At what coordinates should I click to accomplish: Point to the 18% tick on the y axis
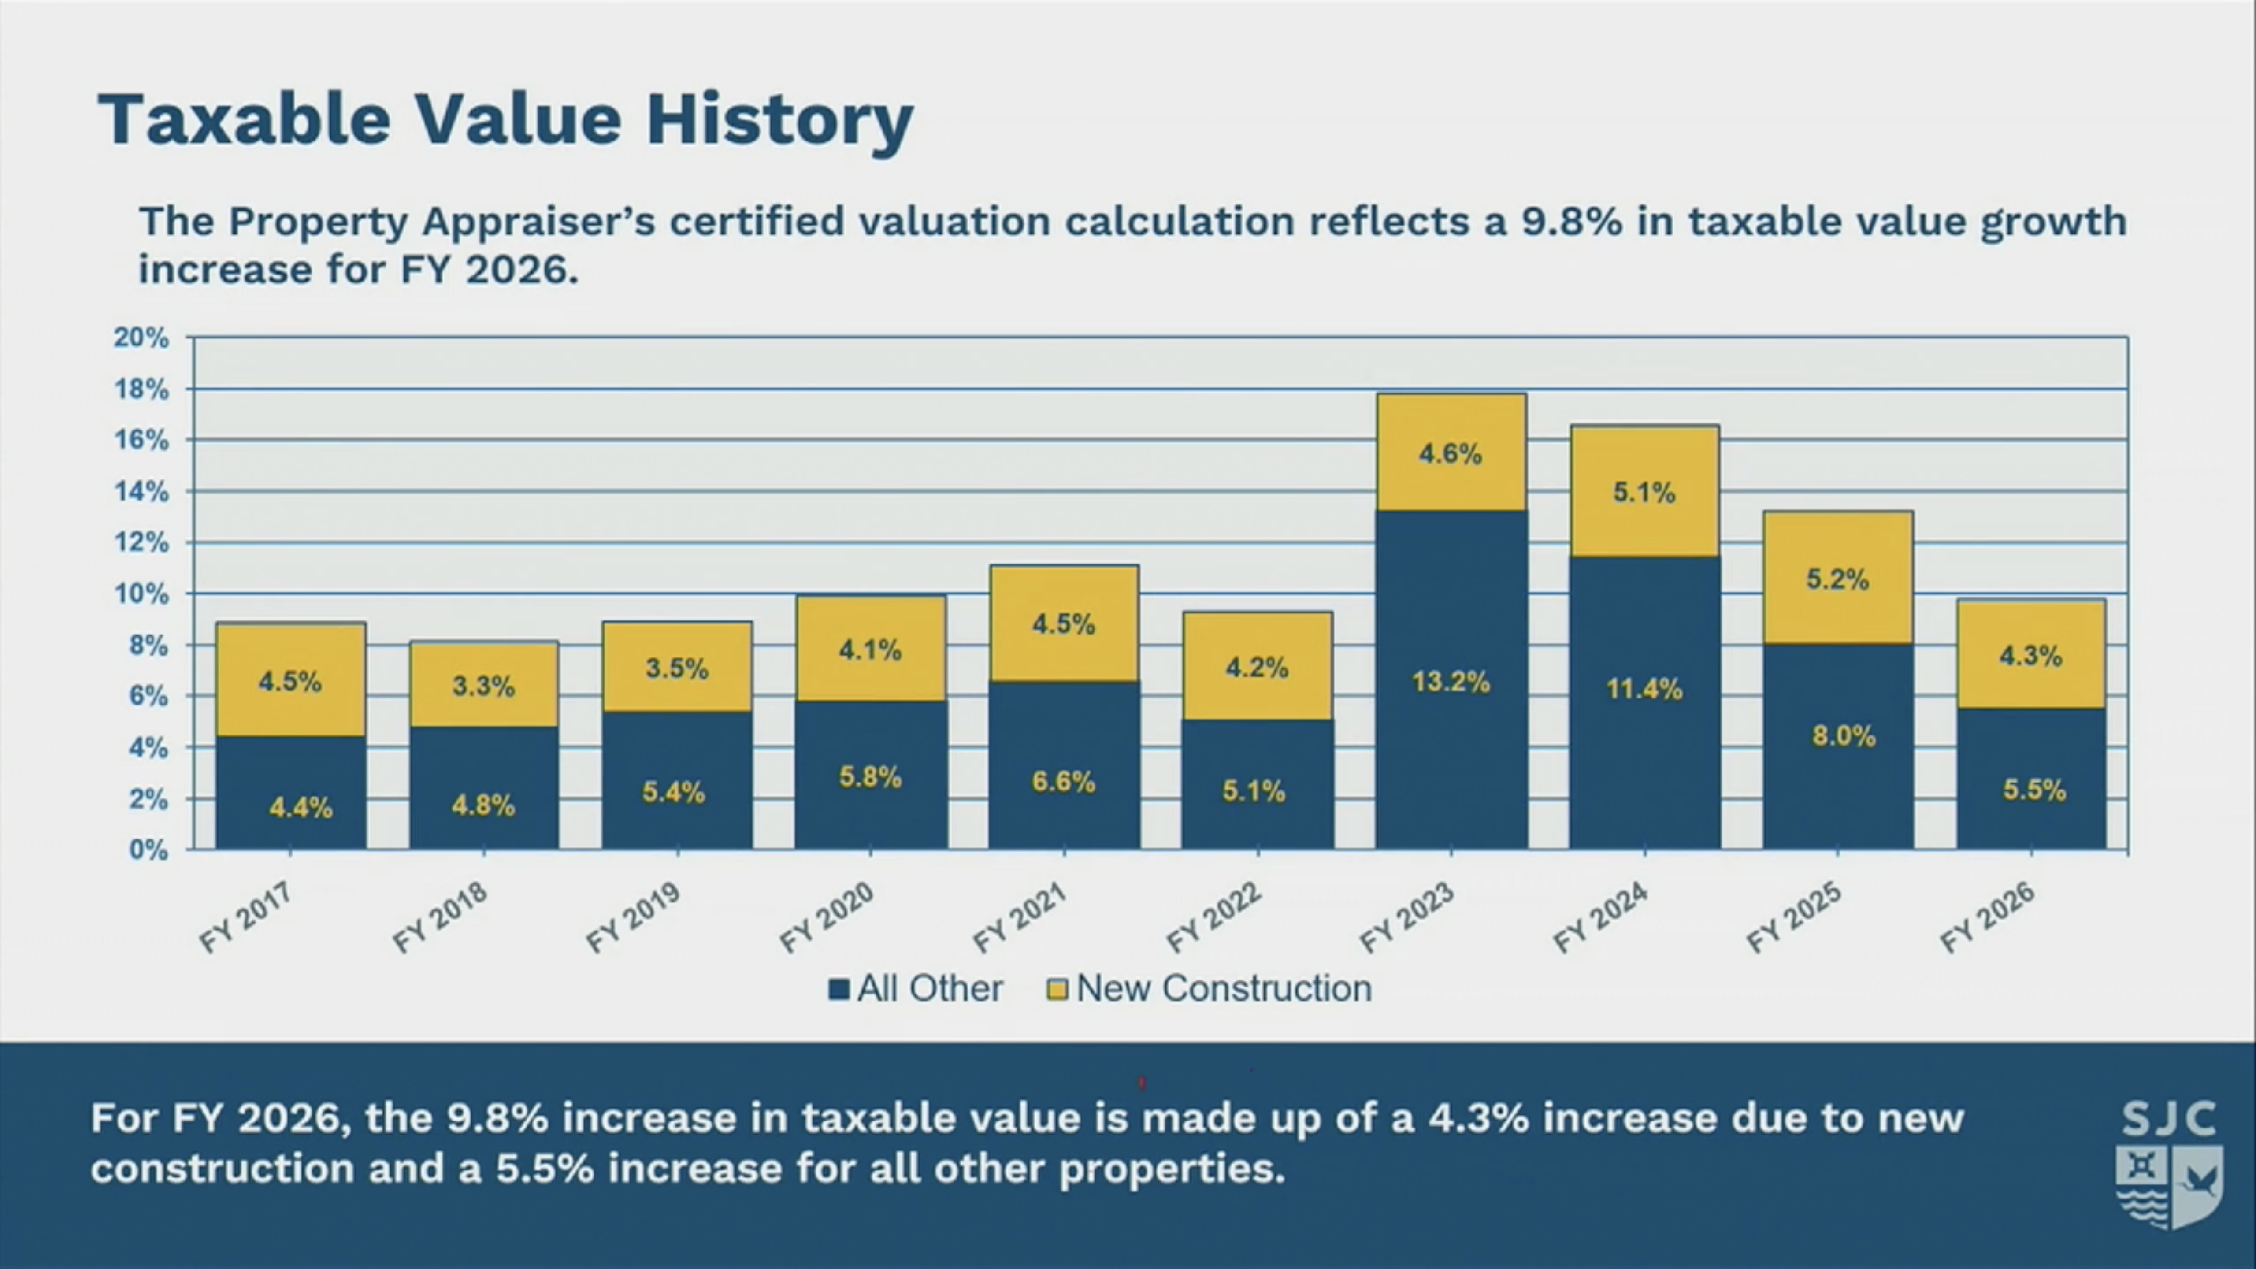point(141,389)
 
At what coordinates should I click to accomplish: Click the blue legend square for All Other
point(838,990)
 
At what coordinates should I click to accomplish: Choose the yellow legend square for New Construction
point(1057,990)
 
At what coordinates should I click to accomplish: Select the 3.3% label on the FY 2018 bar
point(483,686)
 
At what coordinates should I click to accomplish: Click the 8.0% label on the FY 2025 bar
point(1844,736)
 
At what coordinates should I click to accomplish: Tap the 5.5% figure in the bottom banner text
point(545,1168)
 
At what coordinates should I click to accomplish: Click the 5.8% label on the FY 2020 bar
point(870,777)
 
